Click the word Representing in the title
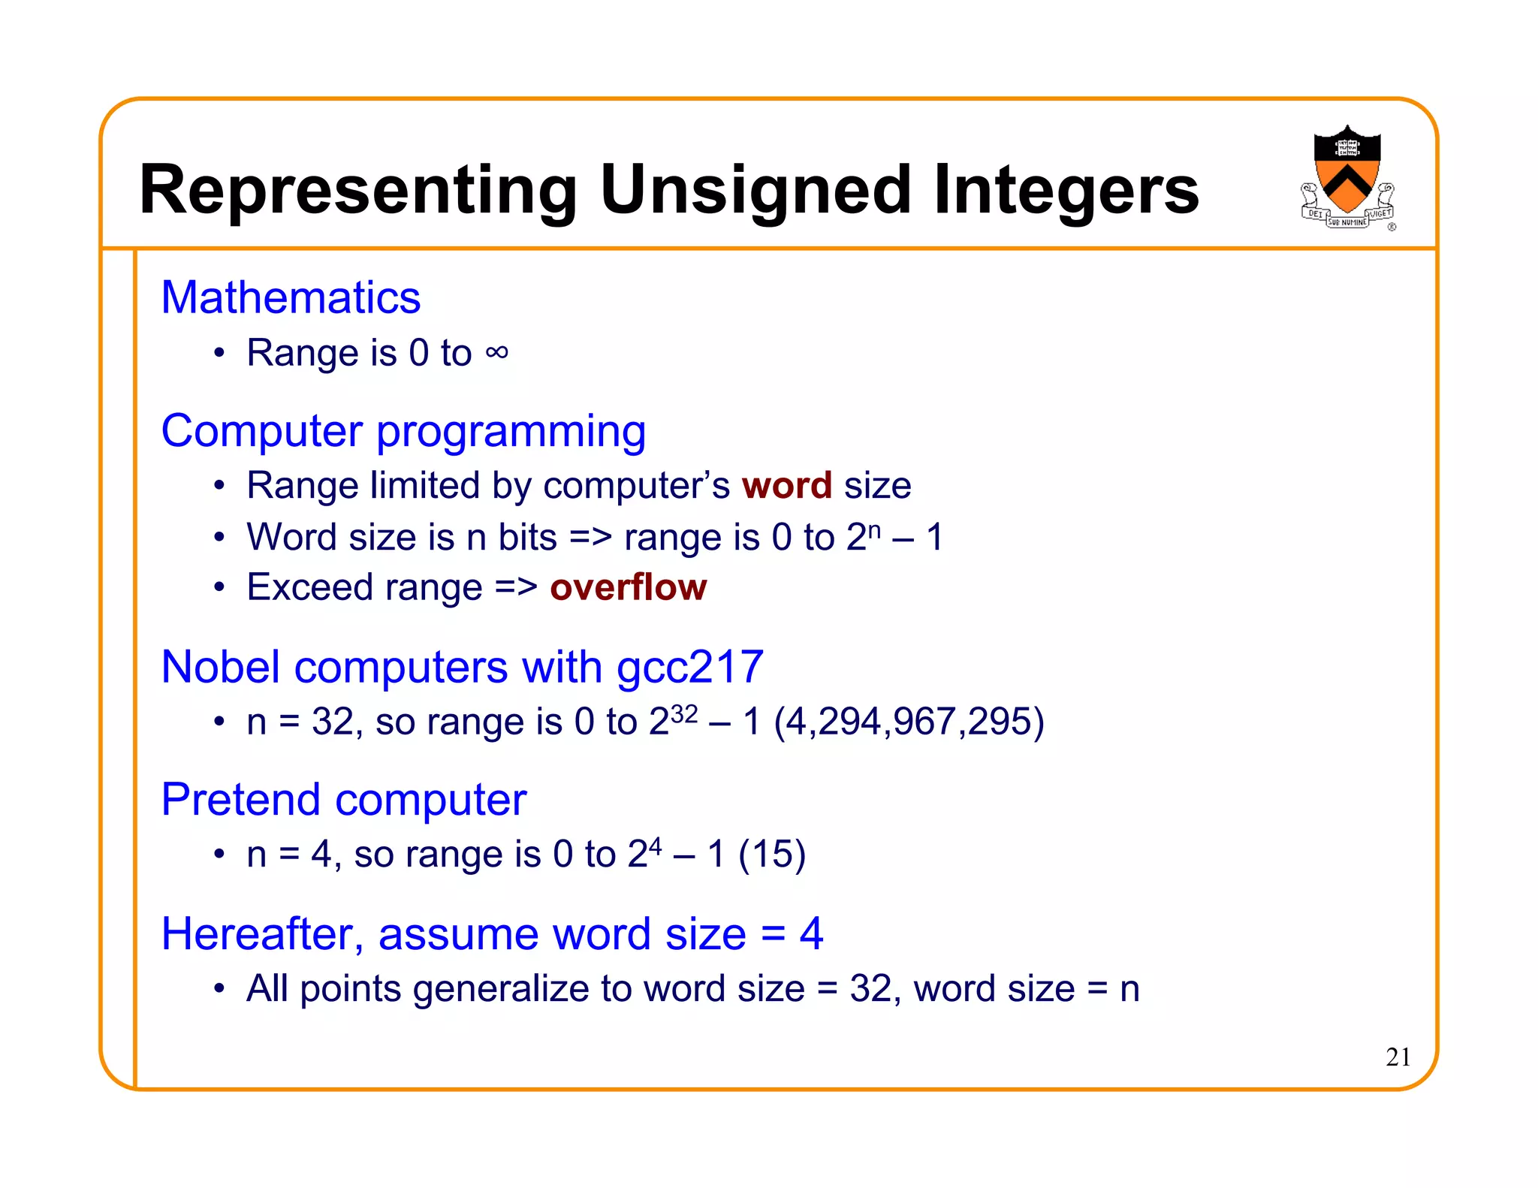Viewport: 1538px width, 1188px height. click(357, 191)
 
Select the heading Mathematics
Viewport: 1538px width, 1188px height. click(291, 297)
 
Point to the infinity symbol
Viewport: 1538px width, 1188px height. click(496, 352)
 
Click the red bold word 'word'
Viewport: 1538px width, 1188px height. click(786, 485)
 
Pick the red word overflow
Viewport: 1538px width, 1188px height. click(628, 587)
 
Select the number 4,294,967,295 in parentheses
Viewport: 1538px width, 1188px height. click(909, 722)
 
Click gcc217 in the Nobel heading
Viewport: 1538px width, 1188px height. click(689, 667)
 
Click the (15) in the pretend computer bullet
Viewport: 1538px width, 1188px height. click(772, 855)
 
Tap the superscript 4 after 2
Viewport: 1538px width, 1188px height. click(655, 846)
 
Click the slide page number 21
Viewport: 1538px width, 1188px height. click(1398, 1057)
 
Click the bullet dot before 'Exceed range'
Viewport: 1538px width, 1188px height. click(219, 587)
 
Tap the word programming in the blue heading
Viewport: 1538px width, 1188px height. click(511, 433)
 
